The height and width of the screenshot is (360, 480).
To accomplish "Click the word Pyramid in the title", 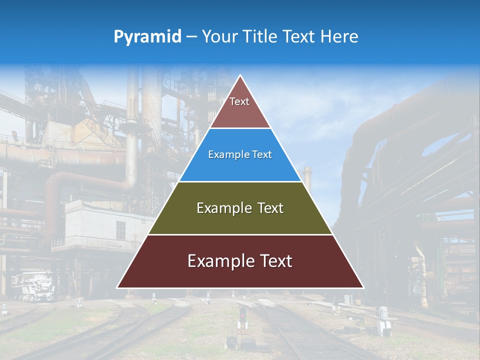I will (147, 36).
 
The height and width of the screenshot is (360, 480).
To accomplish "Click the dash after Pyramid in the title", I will (191, 37).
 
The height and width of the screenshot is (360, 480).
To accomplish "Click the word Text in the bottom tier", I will (274, 261).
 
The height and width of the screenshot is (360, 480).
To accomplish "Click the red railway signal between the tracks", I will (242, 314).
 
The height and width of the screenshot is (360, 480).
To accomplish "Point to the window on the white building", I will (121, 230).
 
